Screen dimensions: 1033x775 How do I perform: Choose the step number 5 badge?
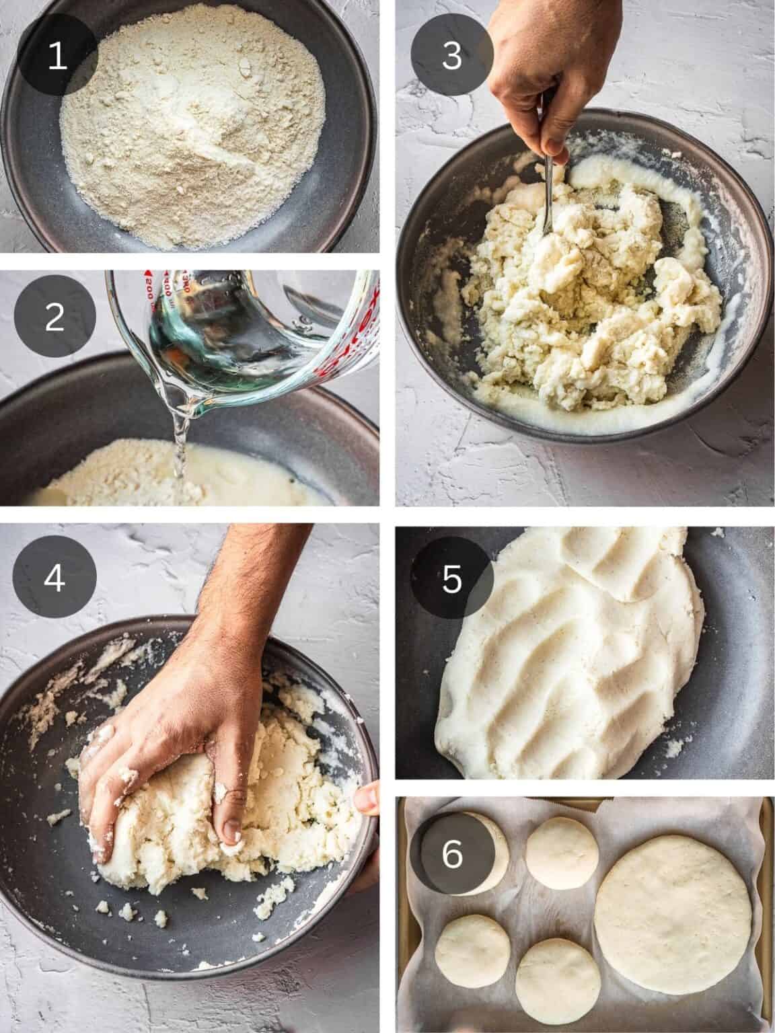click(x=451, y=578)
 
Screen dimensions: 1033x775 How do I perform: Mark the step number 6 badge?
click(x=451, y=854)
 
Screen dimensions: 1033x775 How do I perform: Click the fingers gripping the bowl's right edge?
click(x=367, y=800)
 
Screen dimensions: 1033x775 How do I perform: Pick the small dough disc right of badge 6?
click(x=562, y=853)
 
